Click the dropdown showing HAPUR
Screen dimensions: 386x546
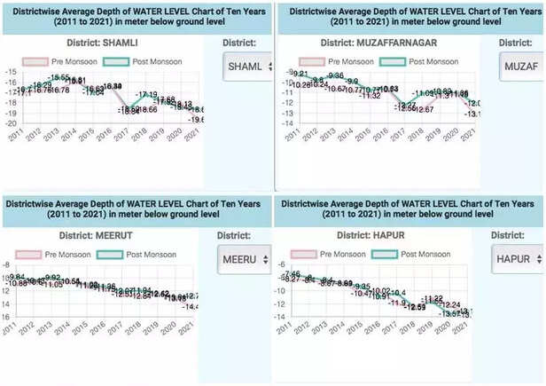point(515,259)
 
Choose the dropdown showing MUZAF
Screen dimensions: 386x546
point(521,67)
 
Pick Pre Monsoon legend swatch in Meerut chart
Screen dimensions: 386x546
point(28,255)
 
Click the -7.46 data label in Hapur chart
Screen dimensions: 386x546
point(292,273)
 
